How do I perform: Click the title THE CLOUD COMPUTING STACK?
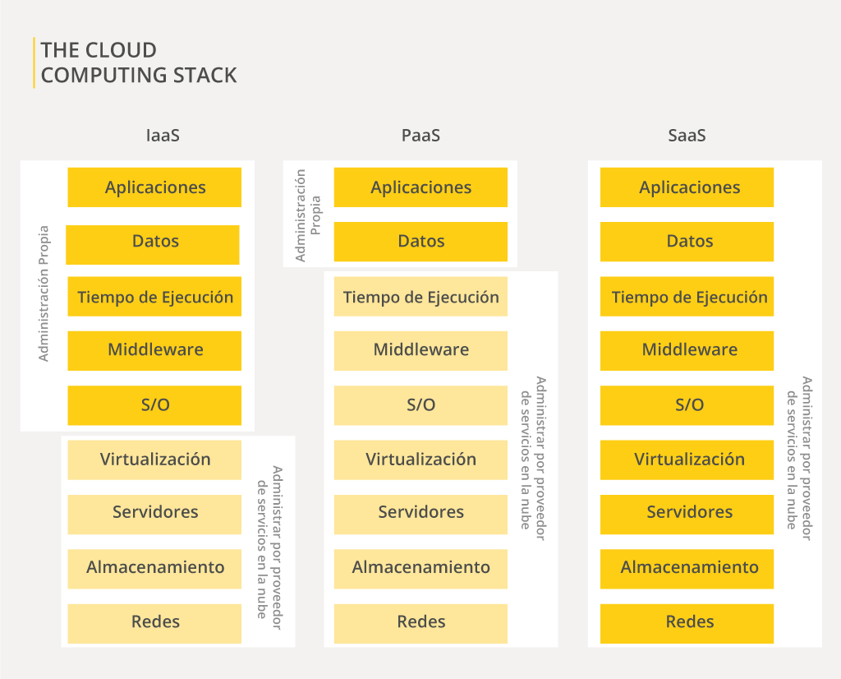coord(138,62)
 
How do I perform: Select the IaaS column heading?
coord(162,136)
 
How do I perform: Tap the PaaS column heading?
coord(420,136)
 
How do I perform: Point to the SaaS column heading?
coord(687,136)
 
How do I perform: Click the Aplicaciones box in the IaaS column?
coord(154,187)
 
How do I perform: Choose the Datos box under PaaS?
coord(420,242)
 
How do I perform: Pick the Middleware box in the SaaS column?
coord(687,350)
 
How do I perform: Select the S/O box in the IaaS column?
coord(154,405)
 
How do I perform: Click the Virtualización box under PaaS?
coord(420,460)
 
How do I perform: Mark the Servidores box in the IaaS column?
coord(154,513)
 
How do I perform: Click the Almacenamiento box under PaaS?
coord(420,568)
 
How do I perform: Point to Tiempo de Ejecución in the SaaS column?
coord(687,298)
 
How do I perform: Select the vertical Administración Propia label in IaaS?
coord(44,293)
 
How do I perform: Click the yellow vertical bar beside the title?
coord(34,62)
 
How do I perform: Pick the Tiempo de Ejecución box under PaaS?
coord(420,298)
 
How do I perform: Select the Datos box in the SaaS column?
coord(687,242)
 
